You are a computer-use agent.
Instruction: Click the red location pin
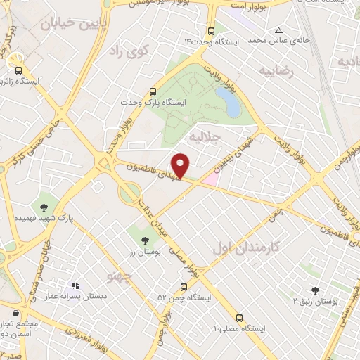pos(181,165)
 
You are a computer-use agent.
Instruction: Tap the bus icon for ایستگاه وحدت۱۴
pos(212,31)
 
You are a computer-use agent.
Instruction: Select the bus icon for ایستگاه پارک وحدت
pos(153,91)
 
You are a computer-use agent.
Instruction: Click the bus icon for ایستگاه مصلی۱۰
pos(239,317)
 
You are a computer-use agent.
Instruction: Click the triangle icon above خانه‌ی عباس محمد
pos(279,30)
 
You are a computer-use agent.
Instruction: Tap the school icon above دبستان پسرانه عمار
pos(75,286)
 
